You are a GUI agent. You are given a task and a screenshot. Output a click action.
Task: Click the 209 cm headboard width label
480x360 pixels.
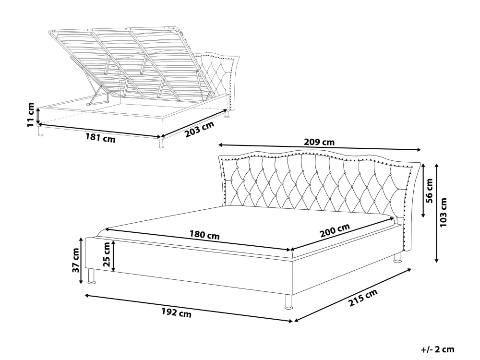(319, 142)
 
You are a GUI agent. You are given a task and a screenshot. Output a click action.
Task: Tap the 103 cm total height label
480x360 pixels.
(443, 213)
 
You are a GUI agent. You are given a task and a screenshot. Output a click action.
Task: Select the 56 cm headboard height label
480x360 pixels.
(429, 191)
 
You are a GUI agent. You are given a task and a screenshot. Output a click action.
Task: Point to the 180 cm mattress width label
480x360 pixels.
(204, 235)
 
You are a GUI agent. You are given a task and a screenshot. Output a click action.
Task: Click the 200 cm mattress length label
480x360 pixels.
(335, 230)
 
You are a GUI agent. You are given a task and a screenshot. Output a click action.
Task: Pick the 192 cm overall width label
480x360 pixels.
(176, 312)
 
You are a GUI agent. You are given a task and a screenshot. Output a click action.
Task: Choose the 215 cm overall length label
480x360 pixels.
(363, 298)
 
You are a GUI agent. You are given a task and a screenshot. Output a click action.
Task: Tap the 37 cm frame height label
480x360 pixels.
(75, 260)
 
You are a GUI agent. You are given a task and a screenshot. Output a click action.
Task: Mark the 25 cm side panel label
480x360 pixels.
(106, 254)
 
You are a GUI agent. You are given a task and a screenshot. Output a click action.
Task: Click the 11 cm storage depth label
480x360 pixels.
(31, 115)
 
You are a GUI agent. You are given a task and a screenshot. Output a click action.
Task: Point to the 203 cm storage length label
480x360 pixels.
(199, 129)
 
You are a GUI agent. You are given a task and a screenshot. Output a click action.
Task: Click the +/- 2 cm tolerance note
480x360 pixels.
(438, 349)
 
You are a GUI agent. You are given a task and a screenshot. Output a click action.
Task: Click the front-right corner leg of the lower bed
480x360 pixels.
(288, 302)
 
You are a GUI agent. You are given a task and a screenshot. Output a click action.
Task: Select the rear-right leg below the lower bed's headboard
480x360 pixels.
(397, 258)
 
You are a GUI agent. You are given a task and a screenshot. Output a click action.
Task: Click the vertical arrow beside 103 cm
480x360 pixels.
(437, 213)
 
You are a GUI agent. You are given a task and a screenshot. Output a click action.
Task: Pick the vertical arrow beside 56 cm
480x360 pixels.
(423, 191)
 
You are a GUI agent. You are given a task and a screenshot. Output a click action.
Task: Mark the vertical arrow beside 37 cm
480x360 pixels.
(81, 261)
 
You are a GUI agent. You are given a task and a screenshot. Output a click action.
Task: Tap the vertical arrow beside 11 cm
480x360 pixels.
(38, 116)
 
